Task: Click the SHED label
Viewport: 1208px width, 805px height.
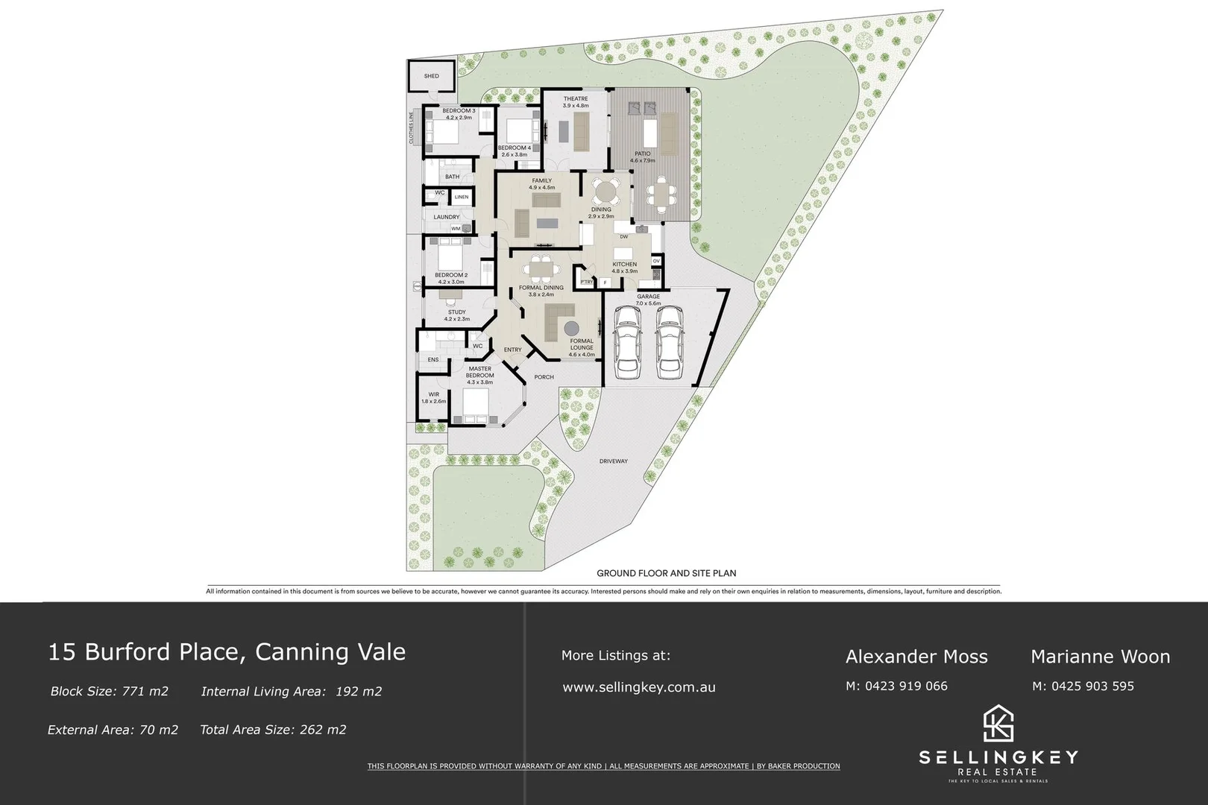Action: click(x=431, y=76)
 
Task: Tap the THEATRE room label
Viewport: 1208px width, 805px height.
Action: click(x=576, y=99)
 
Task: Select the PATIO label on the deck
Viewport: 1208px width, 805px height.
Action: click(x=643, y=154)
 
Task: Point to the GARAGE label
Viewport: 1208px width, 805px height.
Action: click(x=648, y=297)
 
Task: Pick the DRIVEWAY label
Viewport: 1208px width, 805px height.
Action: click(x=613, y=461)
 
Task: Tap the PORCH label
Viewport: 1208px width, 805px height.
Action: click(x=544, y=377)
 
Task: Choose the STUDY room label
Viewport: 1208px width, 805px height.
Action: click(x=456, y=312)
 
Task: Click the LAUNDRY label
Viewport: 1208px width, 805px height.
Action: click(x=447, y=218)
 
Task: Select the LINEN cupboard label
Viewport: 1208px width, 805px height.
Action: click(x=462, y=198)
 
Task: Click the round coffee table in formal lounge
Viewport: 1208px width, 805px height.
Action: click(x=572, y=328)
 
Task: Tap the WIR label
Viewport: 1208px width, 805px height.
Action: click(x=433, y=394)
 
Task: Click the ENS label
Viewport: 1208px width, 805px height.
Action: click(x=432, y=360)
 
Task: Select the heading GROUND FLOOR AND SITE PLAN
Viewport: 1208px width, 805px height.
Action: click(x=666, y=573)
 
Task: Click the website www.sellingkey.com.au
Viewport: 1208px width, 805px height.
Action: click(x=638, y=687)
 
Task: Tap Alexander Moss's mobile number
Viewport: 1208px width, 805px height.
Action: click(x=896, y=686)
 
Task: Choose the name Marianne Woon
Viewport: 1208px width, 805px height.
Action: click(x=1100, y=657)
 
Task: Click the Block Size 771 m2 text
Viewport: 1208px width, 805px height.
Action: click(x=109, y=691)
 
